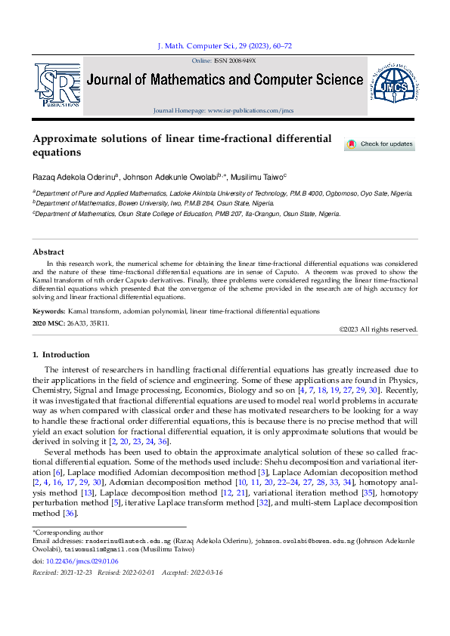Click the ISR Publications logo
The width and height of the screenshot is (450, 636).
point(57,85)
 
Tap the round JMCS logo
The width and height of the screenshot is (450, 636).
point(393,85)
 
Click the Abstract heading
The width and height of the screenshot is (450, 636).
point(48,252)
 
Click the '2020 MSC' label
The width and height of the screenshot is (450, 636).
point(48,323)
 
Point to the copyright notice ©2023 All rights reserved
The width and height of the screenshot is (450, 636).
point(378,329)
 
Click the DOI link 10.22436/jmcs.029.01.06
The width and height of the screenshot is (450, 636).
point(77,562)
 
